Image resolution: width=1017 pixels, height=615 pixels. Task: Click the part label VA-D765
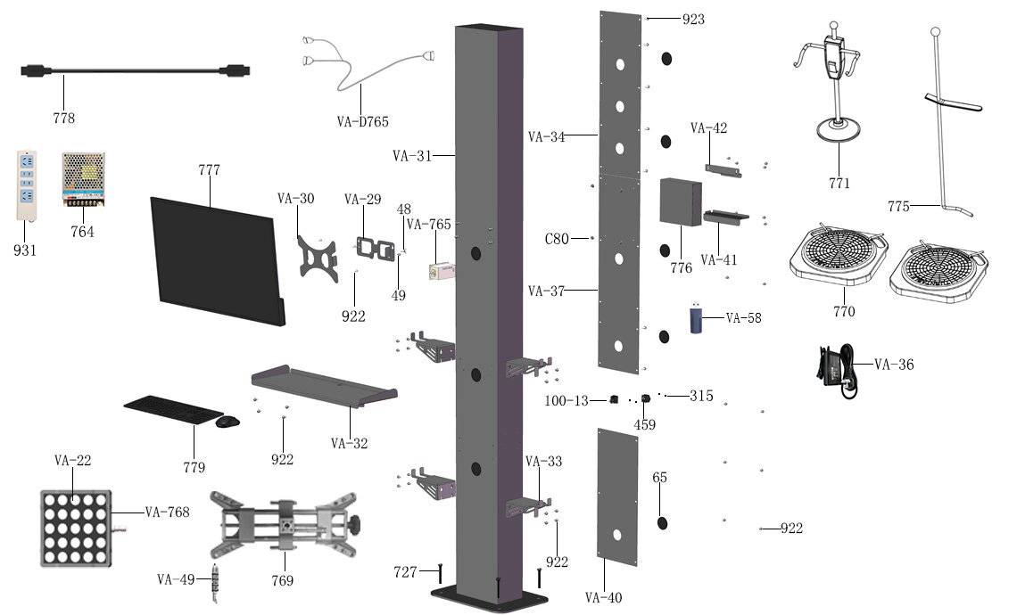click(363, 121)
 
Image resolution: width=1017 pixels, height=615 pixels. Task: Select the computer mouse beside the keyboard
click(227, 421)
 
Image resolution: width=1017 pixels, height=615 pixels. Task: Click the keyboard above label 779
click(172, 410)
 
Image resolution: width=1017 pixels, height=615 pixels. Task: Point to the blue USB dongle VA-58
click(696, 320)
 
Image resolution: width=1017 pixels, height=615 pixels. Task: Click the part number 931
click(25, 250)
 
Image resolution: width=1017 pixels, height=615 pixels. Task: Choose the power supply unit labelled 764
click(83, 178)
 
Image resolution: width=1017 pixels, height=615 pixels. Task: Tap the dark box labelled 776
click(680, 202)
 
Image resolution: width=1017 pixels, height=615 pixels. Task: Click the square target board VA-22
click(75, 528)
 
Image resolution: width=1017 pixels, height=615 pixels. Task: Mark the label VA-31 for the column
click(412, 155)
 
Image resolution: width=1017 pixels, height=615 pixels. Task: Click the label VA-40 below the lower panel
click(604, 597)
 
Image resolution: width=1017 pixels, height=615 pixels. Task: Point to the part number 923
click(693, 19)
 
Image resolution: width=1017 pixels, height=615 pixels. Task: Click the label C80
click(557, 239)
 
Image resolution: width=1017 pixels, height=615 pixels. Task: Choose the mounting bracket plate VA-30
click(319, 258)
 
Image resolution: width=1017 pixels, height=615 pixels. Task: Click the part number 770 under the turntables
click(843, 312)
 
